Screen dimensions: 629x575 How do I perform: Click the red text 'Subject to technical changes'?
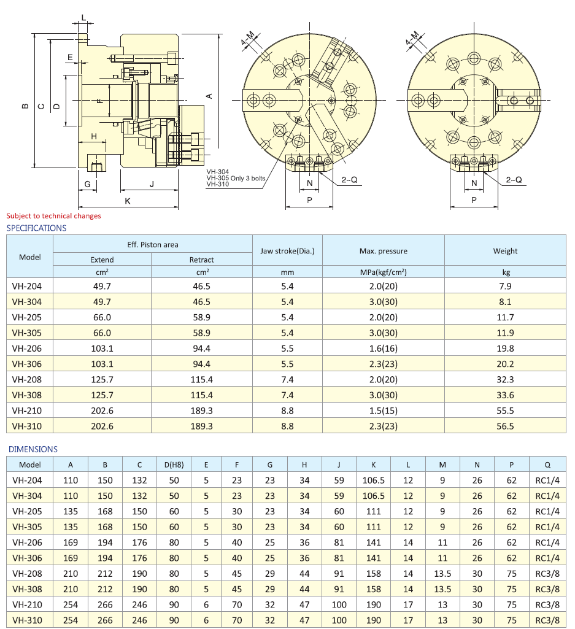[53, 216]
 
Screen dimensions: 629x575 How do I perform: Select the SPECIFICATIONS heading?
[36, 228]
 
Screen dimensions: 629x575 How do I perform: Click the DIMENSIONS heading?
[33, 450]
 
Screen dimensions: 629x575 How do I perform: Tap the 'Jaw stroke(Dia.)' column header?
[287, 251]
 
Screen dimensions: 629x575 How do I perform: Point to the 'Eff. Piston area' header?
[153, 244]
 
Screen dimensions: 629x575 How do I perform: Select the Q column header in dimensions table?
[547, 465]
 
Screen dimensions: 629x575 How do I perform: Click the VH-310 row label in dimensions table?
[27, 620]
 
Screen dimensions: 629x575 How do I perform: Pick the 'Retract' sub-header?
[201, 260]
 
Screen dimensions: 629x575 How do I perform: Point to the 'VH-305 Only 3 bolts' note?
[236, 179]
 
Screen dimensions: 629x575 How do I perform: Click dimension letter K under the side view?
[127, 201]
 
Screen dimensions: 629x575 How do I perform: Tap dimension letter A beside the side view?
[209, 96]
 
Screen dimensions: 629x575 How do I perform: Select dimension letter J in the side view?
[150, 184]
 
